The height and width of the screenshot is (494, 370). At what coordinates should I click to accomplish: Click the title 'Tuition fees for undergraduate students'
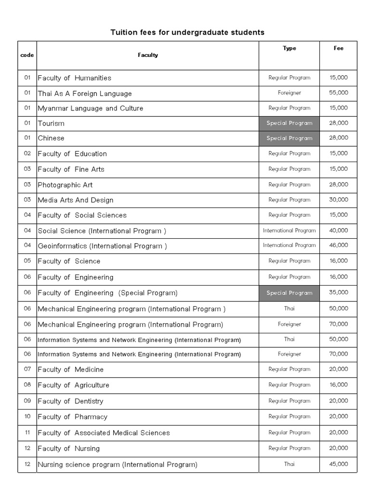187,32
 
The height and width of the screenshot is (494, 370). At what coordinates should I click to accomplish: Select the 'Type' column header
290,48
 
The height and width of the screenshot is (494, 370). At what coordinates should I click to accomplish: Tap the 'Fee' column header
339,48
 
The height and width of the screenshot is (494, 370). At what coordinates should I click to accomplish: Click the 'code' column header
27,55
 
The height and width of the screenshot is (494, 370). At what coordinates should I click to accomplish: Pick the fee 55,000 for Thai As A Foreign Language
339,93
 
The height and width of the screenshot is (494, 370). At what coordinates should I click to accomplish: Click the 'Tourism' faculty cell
51,123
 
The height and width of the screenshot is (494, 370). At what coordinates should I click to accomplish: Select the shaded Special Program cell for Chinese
290,138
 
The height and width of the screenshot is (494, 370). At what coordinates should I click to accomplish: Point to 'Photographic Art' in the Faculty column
65,185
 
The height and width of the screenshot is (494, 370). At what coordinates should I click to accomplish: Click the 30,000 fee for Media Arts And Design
339,200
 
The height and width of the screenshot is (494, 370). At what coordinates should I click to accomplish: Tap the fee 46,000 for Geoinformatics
339,246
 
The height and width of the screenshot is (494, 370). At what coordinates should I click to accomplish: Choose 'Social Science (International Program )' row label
102,231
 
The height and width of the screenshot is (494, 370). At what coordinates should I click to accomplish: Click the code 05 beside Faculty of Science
27,261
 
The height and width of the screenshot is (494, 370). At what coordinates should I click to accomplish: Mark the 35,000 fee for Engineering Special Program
339,293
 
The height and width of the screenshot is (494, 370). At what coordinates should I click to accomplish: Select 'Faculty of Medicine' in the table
70,370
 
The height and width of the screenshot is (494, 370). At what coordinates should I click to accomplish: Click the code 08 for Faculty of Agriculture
27,385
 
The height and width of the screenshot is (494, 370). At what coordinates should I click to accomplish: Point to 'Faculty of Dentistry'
70,401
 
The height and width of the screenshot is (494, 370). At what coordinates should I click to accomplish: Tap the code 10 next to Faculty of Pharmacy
27,416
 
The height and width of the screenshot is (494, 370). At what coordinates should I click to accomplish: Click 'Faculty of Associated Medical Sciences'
104,433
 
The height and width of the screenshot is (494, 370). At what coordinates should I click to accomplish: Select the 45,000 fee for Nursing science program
339,465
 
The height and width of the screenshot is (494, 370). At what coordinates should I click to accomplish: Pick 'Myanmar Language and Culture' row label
91,108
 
